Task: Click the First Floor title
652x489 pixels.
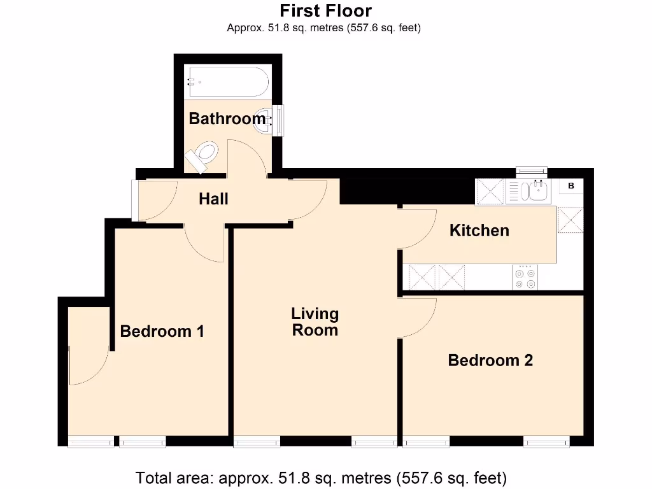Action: click(325, 11)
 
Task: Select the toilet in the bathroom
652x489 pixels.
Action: click(202, 154)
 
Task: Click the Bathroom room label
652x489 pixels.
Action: click(227, 118)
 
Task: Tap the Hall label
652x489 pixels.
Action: click(213, 199)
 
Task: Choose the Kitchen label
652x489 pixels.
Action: click(479, 230)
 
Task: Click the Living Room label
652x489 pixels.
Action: click(315, 322)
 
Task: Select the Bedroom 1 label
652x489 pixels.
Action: click(162, 331)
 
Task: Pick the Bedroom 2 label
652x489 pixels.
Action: click(490, 360)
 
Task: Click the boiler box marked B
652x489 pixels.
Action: click(571, 186)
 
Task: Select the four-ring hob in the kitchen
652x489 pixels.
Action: click(525, 278)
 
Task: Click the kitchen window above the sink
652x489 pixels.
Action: click(531, 171)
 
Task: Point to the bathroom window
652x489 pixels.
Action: click(278, 120)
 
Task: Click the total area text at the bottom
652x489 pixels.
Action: click(321, 477)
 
